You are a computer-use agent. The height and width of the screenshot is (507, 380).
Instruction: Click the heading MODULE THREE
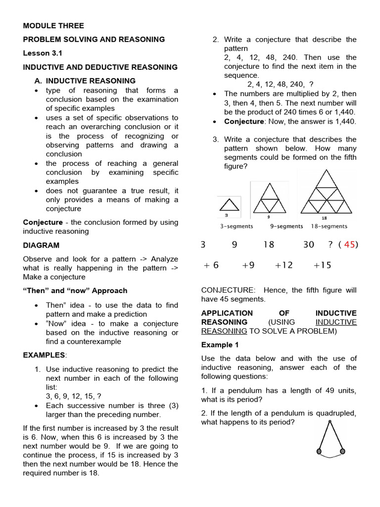pyautogui.click(x=53, y=26)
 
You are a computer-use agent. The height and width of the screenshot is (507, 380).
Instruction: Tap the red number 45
pyautogui.click(x=349, y=245)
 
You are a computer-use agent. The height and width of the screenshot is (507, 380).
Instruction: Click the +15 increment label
pyautogui.click(x=322, y=265)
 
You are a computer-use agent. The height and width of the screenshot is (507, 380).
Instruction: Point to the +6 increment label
pyautogui.click(x=211, y=265)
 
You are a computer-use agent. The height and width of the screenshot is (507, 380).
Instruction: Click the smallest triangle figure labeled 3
pyautogui.click(x=228, y=205)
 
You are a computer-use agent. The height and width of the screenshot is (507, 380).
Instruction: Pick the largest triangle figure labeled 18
pyautogui.click(x=325, y=193)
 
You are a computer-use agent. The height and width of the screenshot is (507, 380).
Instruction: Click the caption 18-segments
pyautogui.click(x=329, y=226)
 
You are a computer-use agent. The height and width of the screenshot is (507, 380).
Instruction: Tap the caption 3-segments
pyautogui.click(x=237, y=226)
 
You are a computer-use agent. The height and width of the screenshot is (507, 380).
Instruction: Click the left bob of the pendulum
pyautogui.click(x=319, y=451)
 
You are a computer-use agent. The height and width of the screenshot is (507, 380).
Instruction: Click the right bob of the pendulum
pyautogui.click(x=342, y=451)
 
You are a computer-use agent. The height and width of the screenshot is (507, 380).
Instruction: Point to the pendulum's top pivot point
pyautogui.click(x=330, y=422)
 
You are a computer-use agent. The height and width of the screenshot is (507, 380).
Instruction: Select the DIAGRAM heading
pyautogui.click(x=41, y=245)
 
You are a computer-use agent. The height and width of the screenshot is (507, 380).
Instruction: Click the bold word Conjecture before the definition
pyautogui.click(x=43, y=222)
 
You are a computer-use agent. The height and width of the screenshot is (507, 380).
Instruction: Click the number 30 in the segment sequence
pyautogui.click(x=308, y=245)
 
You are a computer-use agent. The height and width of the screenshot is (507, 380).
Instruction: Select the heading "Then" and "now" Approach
pyautogui.click(x=75, y=291)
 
